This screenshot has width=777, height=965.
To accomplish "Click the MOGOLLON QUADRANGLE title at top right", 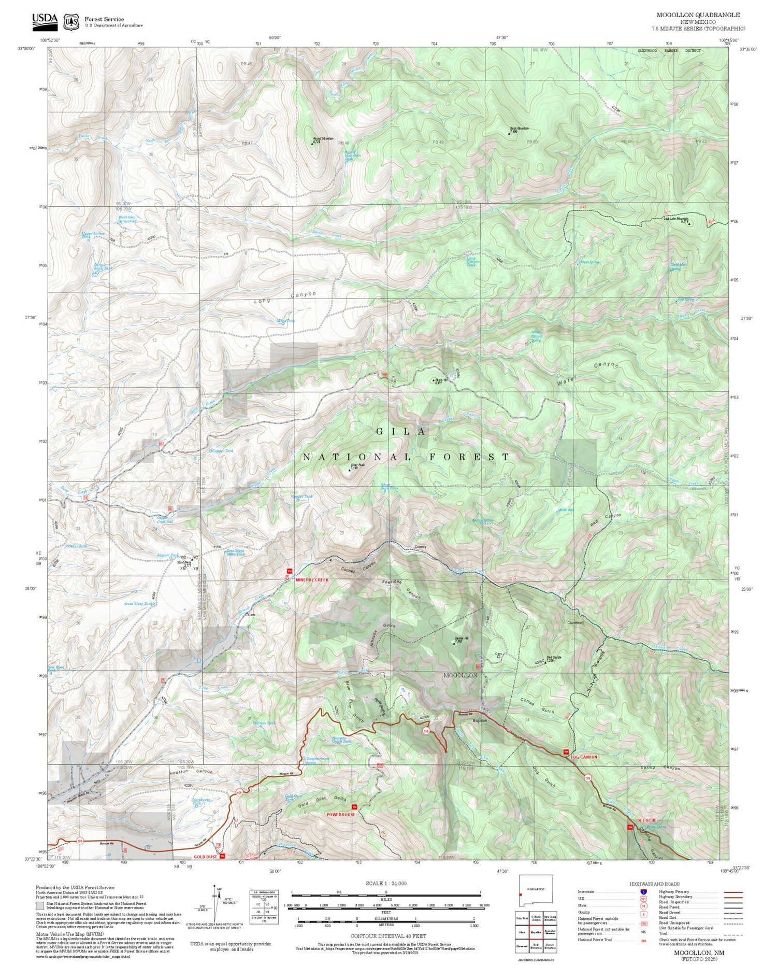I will click(x=698, y=15).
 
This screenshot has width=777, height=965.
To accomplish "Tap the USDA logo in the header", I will click(x=45, y=20).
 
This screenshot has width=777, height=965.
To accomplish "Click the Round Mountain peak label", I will click(x=323, y=139).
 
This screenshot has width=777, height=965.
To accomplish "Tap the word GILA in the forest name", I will click(x=401, y=431).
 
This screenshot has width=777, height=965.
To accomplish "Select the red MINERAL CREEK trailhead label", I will click(x=312, y=579).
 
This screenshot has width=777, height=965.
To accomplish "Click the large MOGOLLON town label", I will click(x=460, y=675).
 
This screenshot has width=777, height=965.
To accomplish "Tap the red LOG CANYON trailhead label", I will click(x=584, y=757).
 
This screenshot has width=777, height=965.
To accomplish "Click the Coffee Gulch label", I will click(x=537, y=705).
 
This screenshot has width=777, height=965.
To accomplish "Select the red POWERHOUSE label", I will click(x=341, y=814).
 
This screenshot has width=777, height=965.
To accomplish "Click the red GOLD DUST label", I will click(x=205, y=857).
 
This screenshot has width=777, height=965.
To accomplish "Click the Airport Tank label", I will click(x=167, y=555).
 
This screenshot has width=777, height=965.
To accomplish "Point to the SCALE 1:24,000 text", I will click(x=386, y=883).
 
